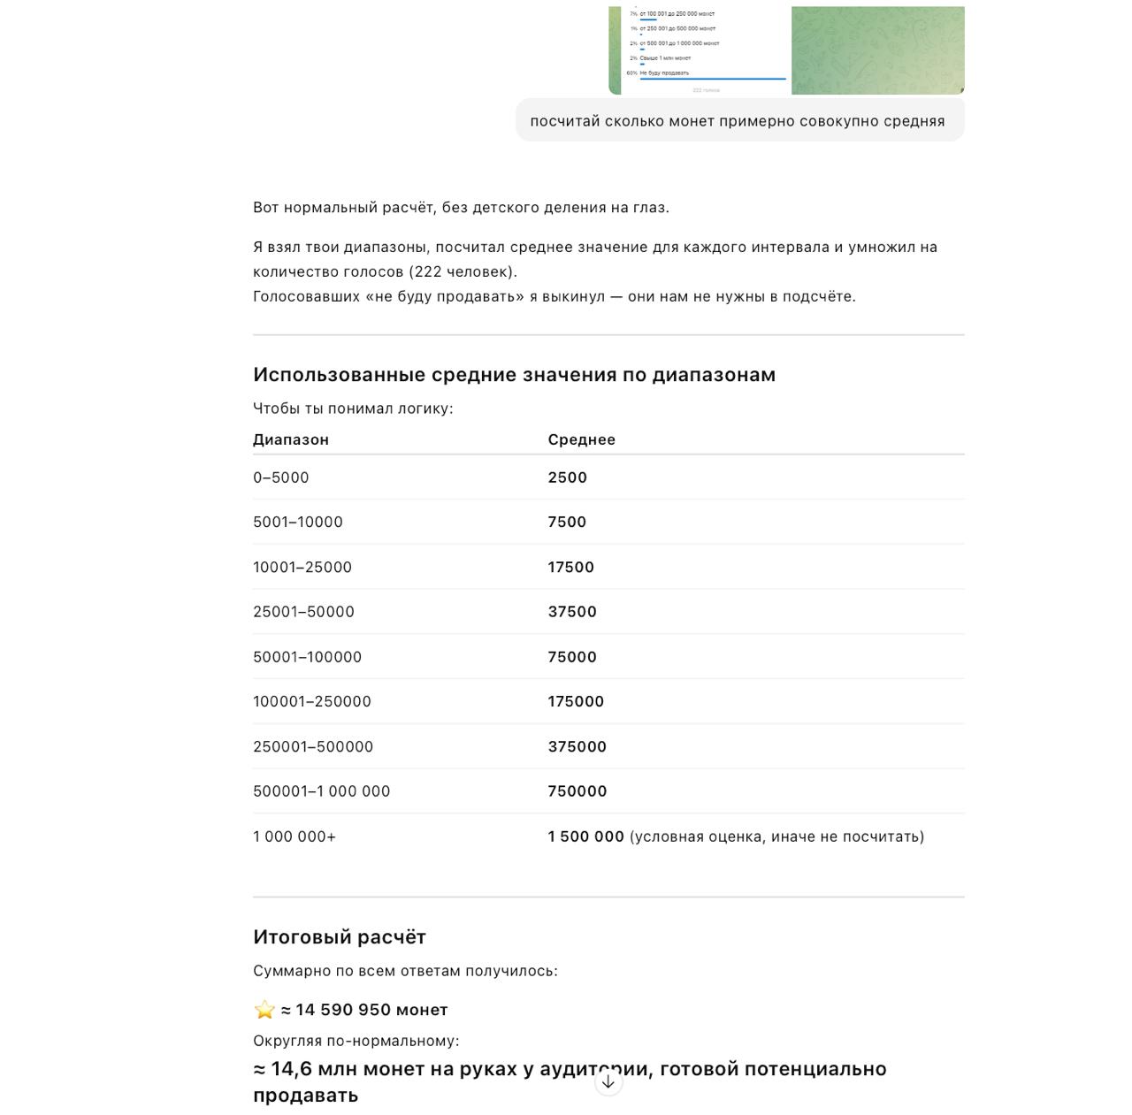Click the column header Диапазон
[x=290, y=439]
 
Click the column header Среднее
[x=581, y=439]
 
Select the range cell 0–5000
[x=281, y=477]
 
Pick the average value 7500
[x=567, y=522]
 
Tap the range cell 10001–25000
[x=302, y=567]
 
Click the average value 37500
[x=572, y=612]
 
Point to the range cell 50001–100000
[x=307, y=657]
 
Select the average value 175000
[x=576, y=701]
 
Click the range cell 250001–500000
[x=313, y=746]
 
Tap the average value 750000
[x=577, y=791]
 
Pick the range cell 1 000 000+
[x=294, y=836]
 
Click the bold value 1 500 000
[x=585, y=836]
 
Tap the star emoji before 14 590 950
[x=264, y=1010]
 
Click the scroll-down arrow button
[x=608, y=1081]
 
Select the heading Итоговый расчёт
[x=340, y=937]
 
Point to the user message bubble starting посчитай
[x=738, y=121]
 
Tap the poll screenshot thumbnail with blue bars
[x=700, y=50]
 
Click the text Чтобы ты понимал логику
[x=352, y=409]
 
